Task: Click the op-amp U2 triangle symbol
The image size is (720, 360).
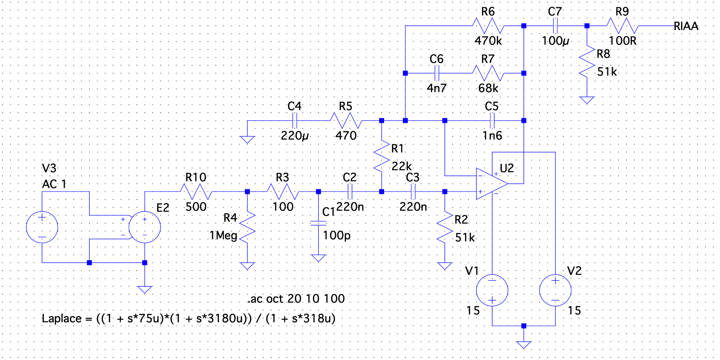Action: coord(491,183)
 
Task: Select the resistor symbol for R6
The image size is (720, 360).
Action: coord(488,26)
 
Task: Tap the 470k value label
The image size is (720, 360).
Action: coord(488,41)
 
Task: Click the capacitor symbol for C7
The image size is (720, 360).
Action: coord(555,26)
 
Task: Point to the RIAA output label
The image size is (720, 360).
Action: coord(686,26)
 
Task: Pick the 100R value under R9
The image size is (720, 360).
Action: coord(623,41)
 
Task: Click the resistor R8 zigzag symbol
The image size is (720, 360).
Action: coord(587,63)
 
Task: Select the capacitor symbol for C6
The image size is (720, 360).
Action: coord(437,73)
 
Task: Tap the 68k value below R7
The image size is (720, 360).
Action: coord(488,88)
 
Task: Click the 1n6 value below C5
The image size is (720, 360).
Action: coord(492,136)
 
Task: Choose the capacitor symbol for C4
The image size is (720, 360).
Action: coord(295,121)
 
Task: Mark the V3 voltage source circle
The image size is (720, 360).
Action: coord(42,227)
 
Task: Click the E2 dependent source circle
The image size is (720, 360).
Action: coord(144,227)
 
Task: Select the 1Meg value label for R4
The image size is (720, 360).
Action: coord(223,235)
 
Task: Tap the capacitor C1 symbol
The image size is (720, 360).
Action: coord(318,223)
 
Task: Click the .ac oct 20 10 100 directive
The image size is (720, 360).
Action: coord(296,299)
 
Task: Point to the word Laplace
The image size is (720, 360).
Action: coord(61,318)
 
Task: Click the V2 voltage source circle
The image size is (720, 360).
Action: coord(555,291)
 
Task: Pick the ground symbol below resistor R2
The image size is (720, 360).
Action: coord(445,266)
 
